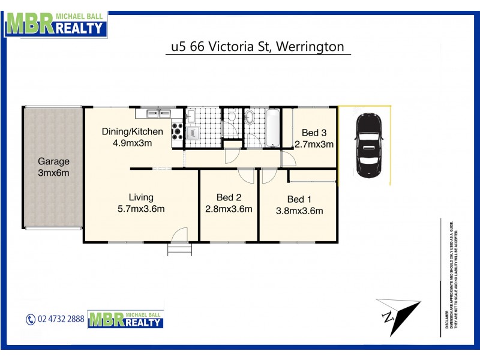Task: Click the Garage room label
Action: point(54,161)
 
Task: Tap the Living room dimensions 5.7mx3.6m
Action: point(141,209)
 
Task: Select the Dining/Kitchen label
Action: point(132,132)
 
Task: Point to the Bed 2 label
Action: point(229,197)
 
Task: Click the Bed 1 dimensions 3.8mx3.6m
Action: point(299,211)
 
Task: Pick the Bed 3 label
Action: point(314,133)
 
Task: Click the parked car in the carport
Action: point(367,145)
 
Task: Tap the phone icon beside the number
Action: point(31,320)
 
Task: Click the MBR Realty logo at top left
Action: point(56,23)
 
